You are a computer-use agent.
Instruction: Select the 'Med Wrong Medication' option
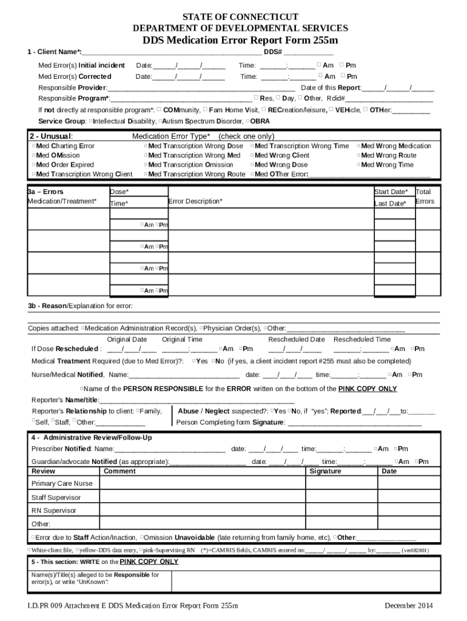click(x=358, y=146)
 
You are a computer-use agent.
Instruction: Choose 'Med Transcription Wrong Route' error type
click(x=146, y=175)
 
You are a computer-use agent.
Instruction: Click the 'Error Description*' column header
click(x=195, y=201)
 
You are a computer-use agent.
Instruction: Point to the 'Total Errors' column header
click(x=425, y=196)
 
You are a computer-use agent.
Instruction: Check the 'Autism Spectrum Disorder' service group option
click(x=160, y=121)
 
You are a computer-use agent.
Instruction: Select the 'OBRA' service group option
click(x=249, y=121)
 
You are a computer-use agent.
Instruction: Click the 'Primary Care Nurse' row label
click(x=62, y=484)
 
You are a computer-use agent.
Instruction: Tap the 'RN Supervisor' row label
click(x=54, y=511)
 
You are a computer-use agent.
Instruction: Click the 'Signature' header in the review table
click(x=325, y=471)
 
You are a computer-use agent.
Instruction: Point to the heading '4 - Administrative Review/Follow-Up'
click(x=92, y=438)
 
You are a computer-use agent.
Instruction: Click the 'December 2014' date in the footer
click(x=409, y=606)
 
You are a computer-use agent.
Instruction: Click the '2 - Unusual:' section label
click(x=51, y=136)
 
